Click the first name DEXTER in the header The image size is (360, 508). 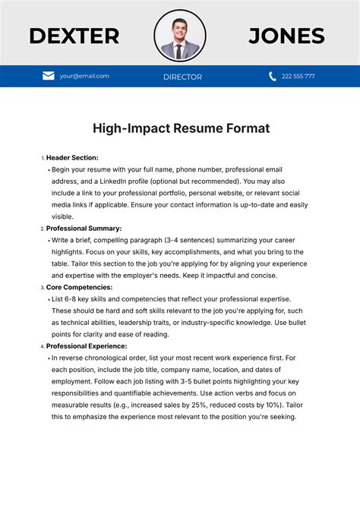[x=74, y=36]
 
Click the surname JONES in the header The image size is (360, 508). [x=286, y=36]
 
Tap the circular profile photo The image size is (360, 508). [x=180, y=36]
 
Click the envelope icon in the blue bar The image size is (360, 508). [x=49, y=76]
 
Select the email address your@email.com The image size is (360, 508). [x=84, y=76]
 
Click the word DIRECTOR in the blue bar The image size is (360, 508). [x=182, y=77]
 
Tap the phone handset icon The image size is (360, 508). [x=273, y=76]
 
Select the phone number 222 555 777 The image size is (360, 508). [x=298, y=76]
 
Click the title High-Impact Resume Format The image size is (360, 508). [x=181, y=128]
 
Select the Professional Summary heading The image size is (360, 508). [x=84, y=228]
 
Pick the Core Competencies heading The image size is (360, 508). [x=79, y=287]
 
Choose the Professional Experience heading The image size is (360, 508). [x=87, y=346]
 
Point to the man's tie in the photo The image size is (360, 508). [x=179, y=50]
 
